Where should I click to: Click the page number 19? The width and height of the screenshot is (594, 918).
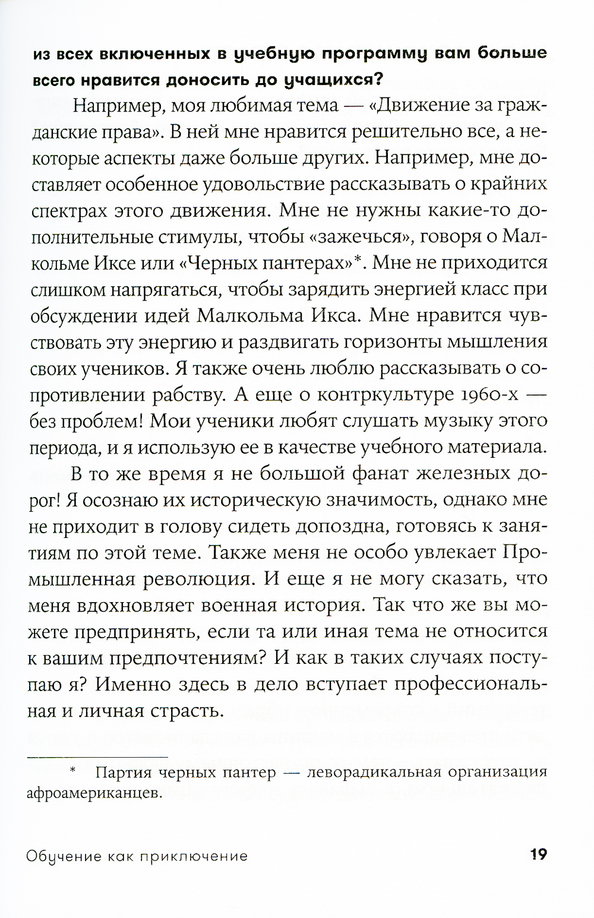[x=538, y=855]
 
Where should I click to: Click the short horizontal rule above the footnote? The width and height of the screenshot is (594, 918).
[x=98, y=756]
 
